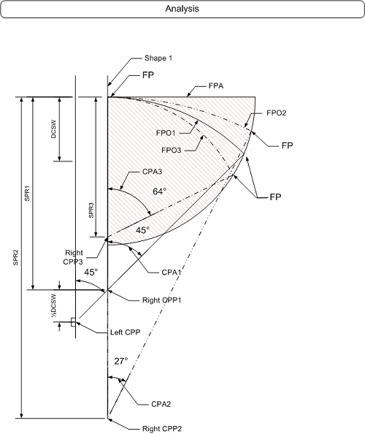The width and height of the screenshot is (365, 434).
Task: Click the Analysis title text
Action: (182, 9)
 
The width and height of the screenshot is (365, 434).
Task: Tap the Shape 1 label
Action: (158, 58)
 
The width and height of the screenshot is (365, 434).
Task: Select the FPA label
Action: (216, 86)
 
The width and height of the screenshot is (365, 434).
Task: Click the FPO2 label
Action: (276, 113)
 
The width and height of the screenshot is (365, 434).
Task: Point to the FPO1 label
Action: (166, 133)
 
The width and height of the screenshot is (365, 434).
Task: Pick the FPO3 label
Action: (172, 151)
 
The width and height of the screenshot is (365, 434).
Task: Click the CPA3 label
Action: (152, 172)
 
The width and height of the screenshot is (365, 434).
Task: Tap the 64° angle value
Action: (160, 191)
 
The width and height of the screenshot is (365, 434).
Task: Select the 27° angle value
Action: (121, 361)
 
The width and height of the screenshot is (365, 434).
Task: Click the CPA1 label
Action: (172, 273)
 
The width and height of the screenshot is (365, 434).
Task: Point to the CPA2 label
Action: (161, 404)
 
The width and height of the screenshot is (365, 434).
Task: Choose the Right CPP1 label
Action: (162, 300)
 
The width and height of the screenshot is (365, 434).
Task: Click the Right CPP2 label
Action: (162, 429)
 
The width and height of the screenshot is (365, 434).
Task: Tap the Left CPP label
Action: (126, 332)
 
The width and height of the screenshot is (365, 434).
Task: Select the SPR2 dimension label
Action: (15, 258)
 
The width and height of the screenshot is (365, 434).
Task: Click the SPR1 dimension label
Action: (27, 193)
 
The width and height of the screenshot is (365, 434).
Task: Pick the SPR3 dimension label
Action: (91, 210)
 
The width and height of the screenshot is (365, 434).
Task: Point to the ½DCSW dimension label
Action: (53, 305)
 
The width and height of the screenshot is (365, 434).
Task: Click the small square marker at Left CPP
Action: (73, 322)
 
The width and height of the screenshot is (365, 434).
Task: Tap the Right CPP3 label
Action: (73, 257)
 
